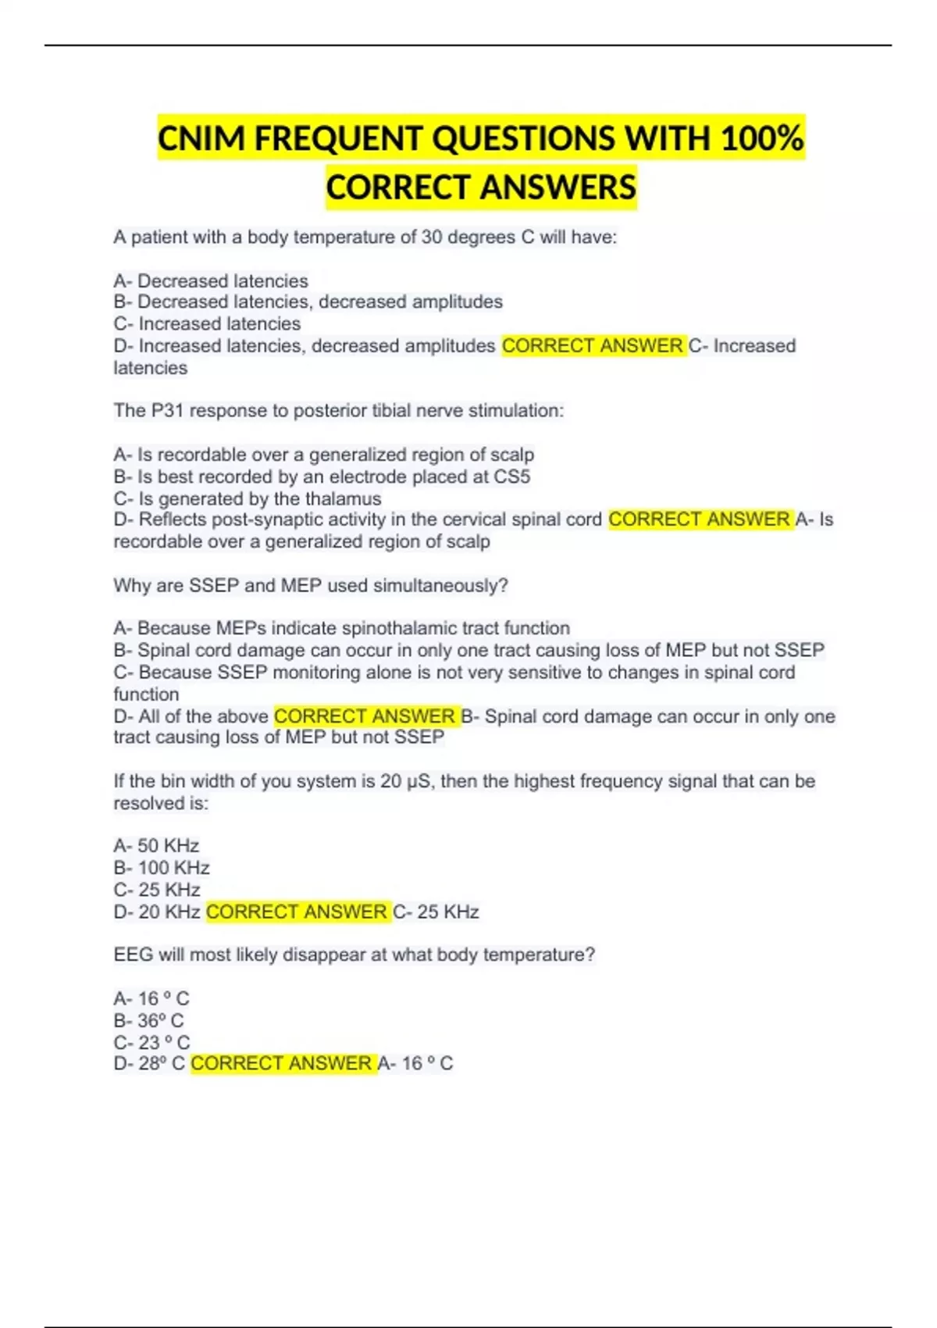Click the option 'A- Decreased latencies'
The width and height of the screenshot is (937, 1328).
(x=211, y=280)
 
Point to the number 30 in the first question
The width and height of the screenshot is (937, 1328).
(x=432, y=237)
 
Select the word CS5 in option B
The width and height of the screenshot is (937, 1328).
(x=511, y=477)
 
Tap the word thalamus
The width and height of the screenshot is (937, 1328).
(x=343, y=498)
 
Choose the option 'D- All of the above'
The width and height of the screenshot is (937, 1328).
(x=191, y=716)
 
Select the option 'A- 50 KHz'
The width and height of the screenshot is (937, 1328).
(x=156, y=846)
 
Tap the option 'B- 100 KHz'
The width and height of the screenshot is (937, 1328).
(x=162, y=868)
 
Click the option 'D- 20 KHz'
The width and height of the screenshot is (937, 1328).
(x=157, y=912)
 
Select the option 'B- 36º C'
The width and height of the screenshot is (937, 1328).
(x=148, y=1020)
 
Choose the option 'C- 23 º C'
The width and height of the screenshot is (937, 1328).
(x=151, y=1042)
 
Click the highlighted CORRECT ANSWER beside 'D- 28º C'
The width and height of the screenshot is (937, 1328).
(x=282, y=1063)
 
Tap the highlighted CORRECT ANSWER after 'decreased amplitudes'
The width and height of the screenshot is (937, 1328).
(x=593, y=345)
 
